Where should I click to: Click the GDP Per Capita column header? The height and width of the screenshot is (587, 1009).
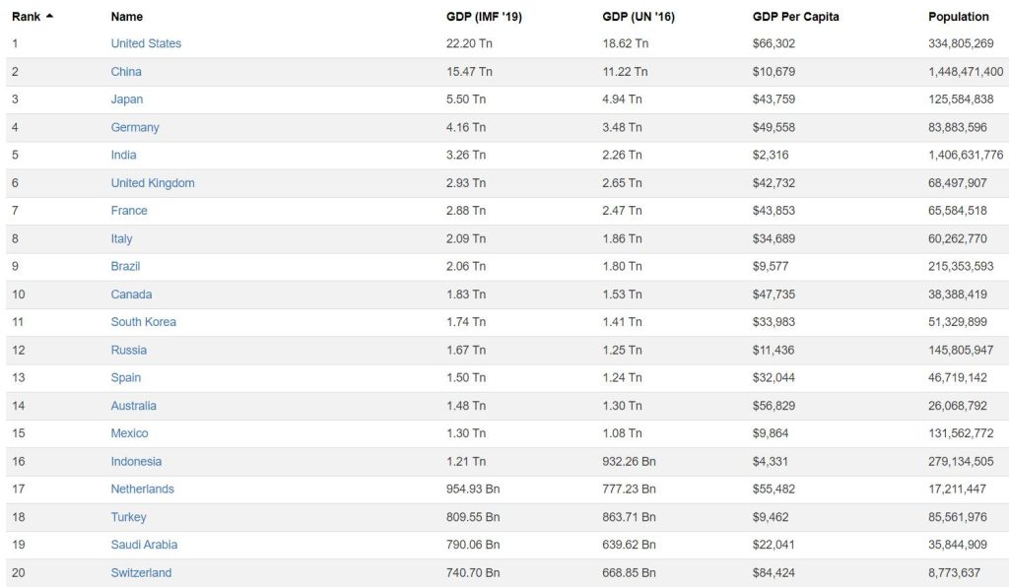point(795,17)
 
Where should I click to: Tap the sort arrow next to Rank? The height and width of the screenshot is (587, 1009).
point(49,16)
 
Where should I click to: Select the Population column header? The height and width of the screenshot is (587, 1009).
point(958,17)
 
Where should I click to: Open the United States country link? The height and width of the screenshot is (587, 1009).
point(146,43)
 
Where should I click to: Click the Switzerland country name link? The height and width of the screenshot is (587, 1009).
point(141,573)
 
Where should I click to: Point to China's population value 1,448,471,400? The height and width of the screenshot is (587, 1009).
point(965,72)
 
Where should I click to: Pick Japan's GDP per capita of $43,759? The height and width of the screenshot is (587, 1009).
point(774,99)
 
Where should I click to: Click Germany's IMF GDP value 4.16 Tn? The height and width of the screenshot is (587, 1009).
point(465,127)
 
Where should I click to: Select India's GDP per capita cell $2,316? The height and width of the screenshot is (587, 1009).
point(770,155)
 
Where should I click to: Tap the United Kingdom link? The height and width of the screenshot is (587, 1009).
point(153,183)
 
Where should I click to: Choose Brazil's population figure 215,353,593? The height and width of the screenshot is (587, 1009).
point(961,266)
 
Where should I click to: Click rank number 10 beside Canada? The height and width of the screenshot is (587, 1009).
point(18,294)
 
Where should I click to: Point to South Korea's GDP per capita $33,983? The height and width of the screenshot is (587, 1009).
point(774,322)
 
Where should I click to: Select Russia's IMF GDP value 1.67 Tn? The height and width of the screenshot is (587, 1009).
point(465,350)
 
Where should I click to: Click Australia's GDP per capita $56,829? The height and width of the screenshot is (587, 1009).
point(774,406)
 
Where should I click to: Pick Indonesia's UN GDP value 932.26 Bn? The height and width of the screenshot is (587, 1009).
point(631,461)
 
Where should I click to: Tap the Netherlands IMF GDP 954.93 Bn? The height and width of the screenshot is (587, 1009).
point(473,489)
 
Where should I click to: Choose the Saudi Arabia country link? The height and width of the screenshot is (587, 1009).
point(144,545)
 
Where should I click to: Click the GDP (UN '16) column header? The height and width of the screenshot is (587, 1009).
point(639,17)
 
